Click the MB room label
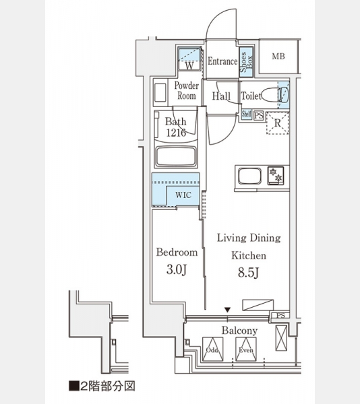[x=278, y=56]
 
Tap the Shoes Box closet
[x=246, y=62]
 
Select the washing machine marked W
[x=189, y=59]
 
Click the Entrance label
[x=222, y=61]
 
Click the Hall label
[x=221, y=96]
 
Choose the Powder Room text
[x=187, y=90]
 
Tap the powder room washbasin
[x=160, y=92]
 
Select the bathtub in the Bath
[x=175, y=156]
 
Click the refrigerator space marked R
[x=277, y=123]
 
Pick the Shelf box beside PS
[x=246, y=114]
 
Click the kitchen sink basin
[x=249, y=176]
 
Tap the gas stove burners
[x=276, y=175]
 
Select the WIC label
[x=183, y=195]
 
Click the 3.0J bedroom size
[x=177, y=269]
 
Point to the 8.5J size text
[x=248, y=272]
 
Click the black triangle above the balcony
[x=227, y=310]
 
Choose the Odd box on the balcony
[x=213, y=349]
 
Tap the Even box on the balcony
[x=246, y=349]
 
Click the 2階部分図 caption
[x=102, y=386]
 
